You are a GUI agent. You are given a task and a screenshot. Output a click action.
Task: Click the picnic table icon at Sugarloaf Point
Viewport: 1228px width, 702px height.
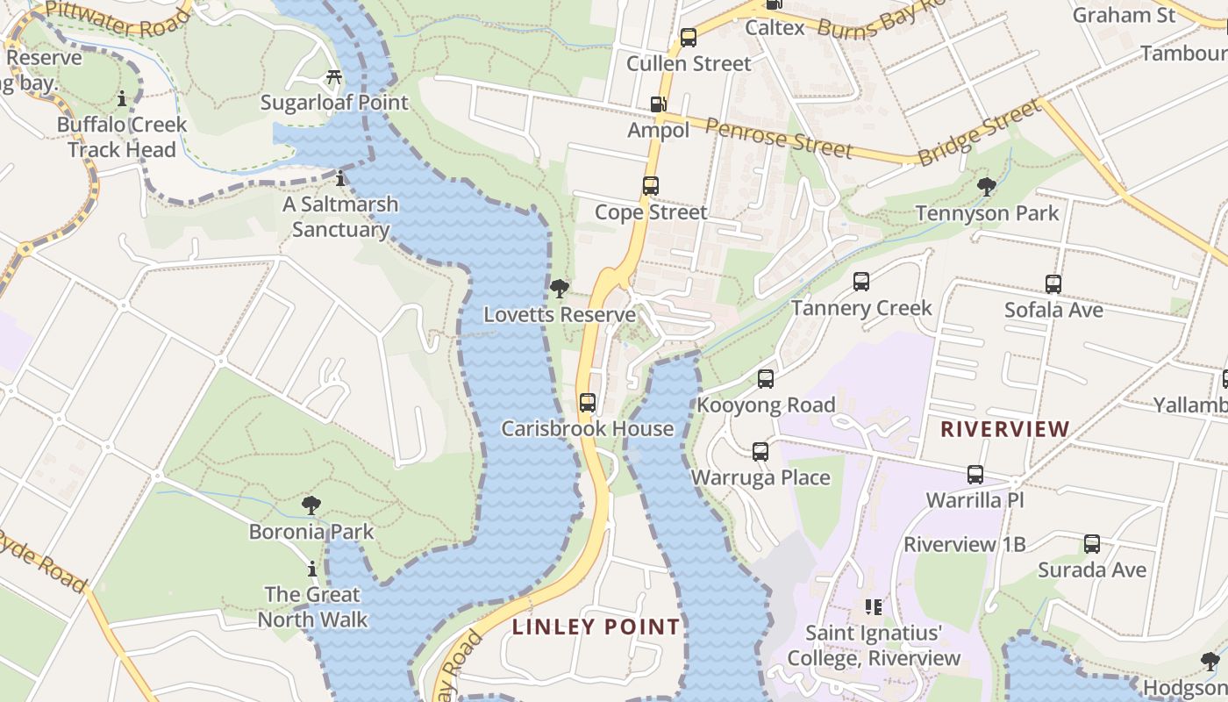click(333, 77)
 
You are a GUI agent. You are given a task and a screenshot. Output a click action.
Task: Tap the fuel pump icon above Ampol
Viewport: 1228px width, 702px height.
click(658, 104)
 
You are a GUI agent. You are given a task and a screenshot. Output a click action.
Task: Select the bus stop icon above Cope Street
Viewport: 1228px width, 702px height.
click(650, 186)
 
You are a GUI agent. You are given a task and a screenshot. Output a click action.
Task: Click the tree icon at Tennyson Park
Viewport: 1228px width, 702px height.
click(987, 186)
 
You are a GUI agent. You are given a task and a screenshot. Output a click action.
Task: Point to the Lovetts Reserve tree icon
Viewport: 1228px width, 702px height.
click(559, 289)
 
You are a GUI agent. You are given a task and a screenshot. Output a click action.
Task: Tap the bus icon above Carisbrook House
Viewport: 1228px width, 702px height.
click(588, 403)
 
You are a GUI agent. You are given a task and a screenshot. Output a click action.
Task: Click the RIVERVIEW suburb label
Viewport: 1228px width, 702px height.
click(1004, 429)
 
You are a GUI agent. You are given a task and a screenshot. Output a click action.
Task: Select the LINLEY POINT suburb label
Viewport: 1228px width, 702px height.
click(596, 627)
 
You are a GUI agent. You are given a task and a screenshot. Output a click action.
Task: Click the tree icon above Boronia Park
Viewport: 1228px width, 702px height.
click(311, 505)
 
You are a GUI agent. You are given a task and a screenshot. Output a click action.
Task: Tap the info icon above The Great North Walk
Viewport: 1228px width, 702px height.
click(311, 569)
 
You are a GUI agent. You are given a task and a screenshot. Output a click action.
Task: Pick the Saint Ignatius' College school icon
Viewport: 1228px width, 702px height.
click(873, 606)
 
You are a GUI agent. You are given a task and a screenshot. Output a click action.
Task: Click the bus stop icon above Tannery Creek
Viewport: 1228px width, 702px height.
click(861, 282)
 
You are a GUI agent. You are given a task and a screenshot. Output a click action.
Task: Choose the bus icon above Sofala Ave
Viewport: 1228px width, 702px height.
click(1053, 284)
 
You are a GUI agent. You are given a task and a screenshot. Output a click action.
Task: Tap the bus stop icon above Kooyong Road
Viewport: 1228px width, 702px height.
click(766, 379)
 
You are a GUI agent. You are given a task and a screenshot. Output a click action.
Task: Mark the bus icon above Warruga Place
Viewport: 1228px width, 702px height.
click(760, 452)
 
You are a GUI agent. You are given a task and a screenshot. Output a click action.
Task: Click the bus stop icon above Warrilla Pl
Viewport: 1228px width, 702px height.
click(975, 475)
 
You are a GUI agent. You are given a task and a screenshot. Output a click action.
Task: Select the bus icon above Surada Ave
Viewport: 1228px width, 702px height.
click(1091, 544)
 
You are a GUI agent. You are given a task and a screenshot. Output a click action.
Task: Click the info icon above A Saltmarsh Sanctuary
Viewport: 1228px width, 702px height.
click(340, 179)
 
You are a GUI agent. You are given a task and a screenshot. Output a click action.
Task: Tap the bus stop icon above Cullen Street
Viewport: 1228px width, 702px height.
click(689, 38)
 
